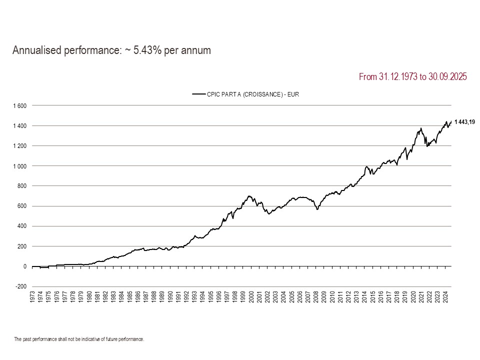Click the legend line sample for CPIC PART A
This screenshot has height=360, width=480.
pos(199,93)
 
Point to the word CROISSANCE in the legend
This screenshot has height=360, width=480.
pos(256,93)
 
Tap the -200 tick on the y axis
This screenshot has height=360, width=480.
pos(21,286)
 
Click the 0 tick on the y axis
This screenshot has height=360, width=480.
pos(25,266)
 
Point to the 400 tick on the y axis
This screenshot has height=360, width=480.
pos(22,226)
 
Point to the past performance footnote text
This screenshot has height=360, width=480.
pos(79,339)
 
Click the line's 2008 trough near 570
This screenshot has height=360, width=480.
pos(317,209)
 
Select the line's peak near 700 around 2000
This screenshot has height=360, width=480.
pos(249,196)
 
